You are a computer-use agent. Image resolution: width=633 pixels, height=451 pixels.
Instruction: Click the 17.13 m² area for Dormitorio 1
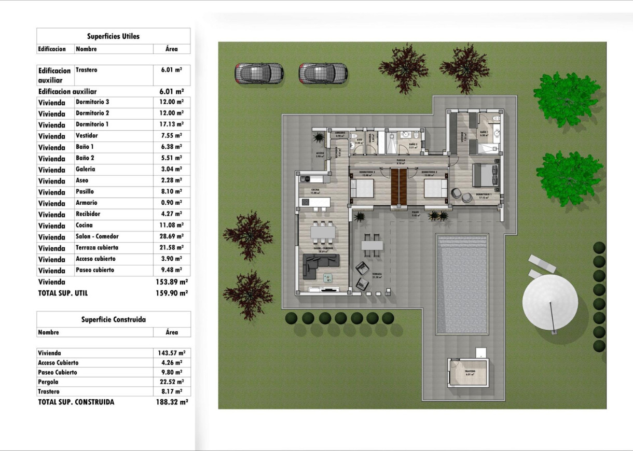(x=171, y=124)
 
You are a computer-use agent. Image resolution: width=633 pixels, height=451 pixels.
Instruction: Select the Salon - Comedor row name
(x=97, y=236)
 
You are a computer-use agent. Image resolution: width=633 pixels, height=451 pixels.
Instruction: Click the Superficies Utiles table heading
(x=113, y=36)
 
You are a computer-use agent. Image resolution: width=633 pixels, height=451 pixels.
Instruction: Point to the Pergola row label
(x=48, y=382)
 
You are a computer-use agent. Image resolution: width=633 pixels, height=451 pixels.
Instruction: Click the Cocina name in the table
(x=84, y=225)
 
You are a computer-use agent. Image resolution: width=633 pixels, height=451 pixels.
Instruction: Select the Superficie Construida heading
(x=113, y=320)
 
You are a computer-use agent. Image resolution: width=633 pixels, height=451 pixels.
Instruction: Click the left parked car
(x=259, y=73)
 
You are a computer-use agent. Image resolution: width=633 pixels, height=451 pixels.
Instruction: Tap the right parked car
(x=323, y=73)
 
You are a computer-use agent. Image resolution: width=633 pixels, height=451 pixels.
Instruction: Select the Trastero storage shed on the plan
(x=469, y=373)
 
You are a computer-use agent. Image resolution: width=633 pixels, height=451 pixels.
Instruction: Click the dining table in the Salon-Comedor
(x=322, y=233)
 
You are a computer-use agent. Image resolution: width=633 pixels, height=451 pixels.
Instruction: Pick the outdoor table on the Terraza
(x=372, y=245)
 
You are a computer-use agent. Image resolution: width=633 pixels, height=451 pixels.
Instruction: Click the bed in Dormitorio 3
(x=362, y=188)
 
